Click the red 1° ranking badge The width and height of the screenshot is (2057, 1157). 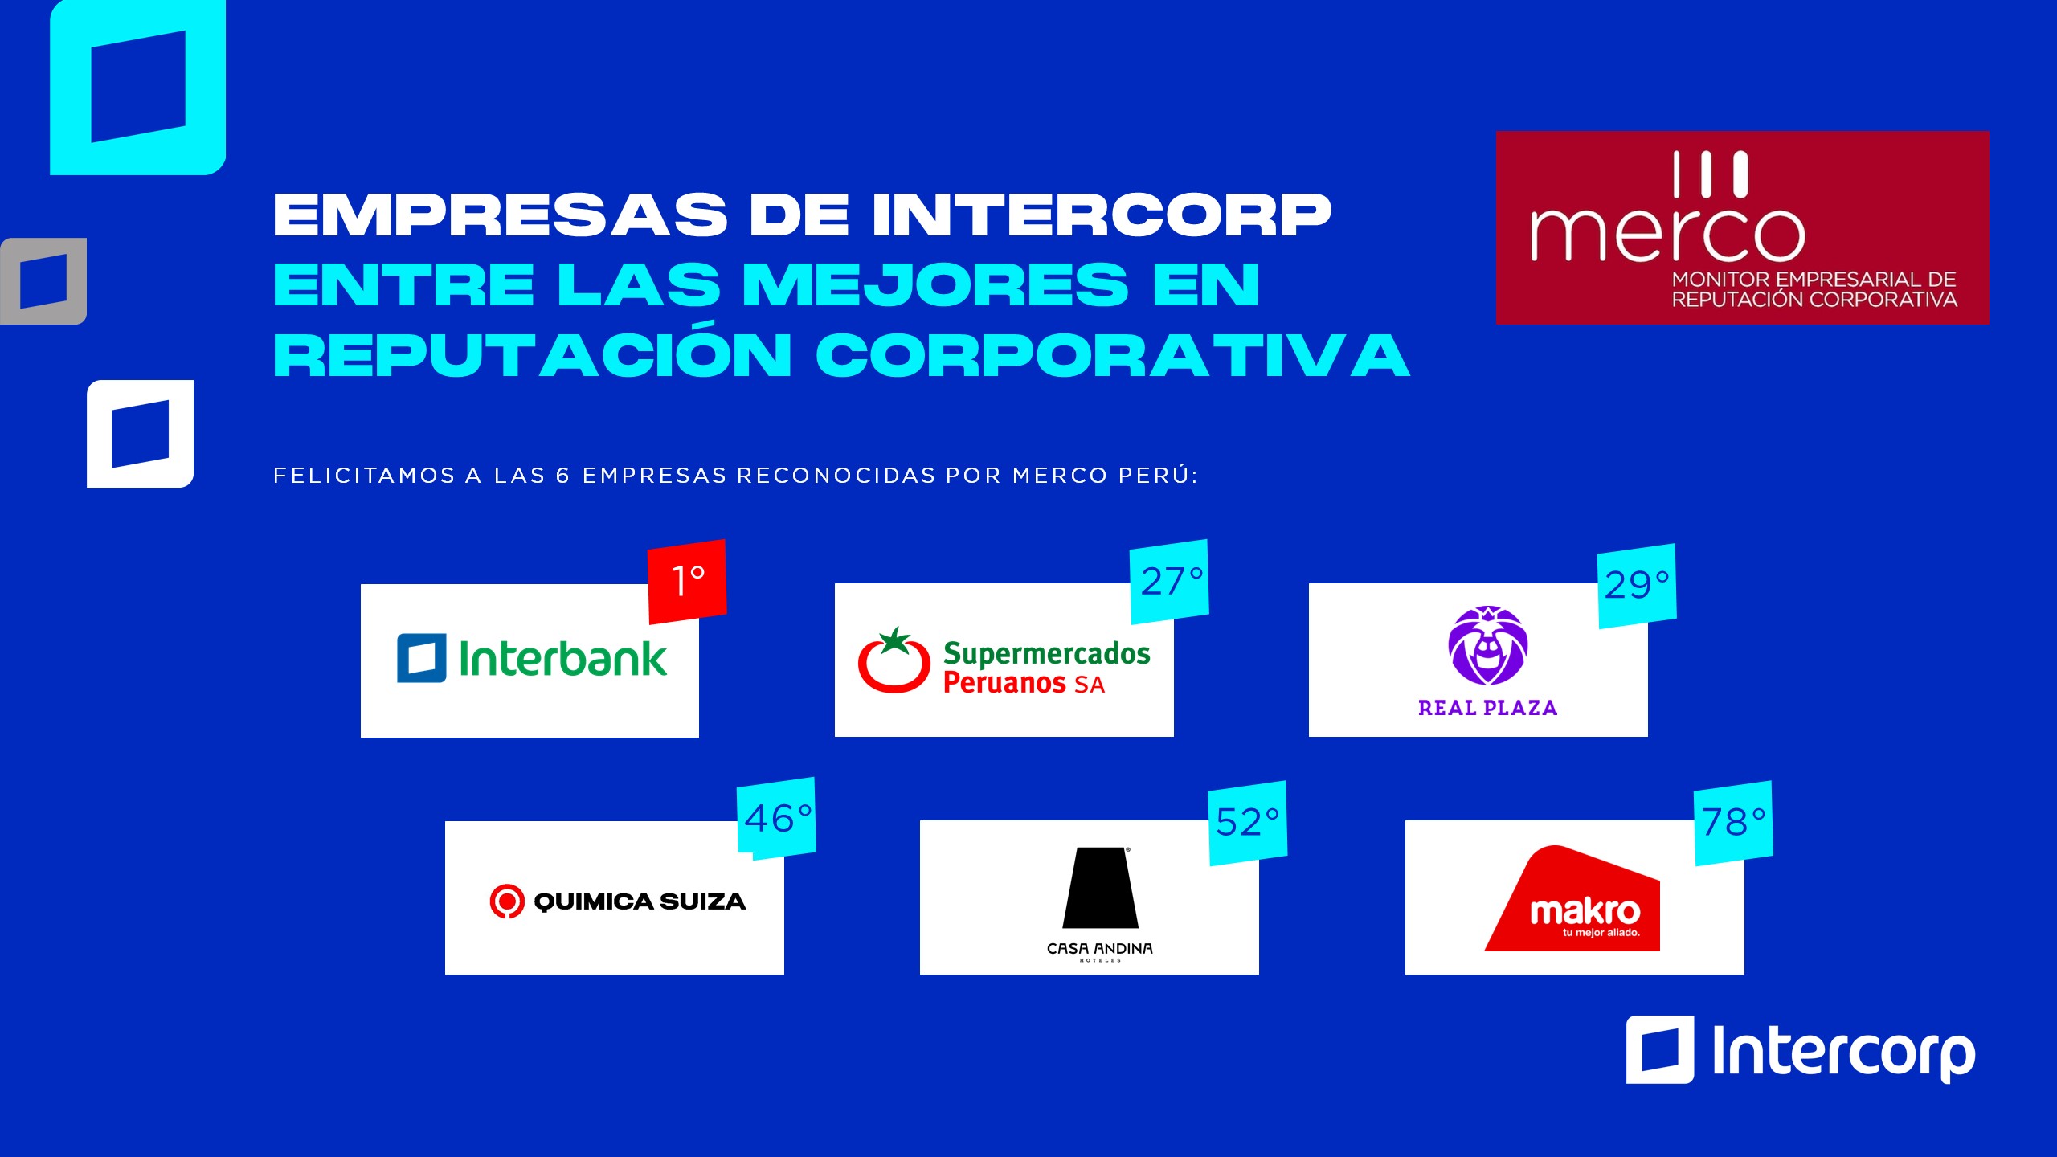(x=687, y=581)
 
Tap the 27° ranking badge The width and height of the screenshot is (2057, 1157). (x=1169, y=581)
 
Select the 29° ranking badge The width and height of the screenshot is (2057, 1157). (x=1637, y=586)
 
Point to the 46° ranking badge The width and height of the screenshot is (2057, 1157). (x=776, y=818)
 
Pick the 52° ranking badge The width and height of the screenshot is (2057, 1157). (x=1248, y=823)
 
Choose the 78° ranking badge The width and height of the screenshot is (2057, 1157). (x=1733, y=823)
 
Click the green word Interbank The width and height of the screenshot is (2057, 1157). (x=562, y=658)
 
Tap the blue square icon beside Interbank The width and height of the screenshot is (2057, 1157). (x=421, y=658)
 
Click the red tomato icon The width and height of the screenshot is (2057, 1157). (x=894, y=660)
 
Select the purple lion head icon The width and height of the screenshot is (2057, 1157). (x=1488, y=645)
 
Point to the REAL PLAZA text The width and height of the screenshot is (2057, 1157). (x=1487, y=708)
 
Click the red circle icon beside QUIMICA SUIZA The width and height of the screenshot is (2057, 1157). (x=507, y=901)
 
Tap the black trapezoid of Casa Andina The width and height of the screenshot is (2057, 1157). (x=1100, y=887)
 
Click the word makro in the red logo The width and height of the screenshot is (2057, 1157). (x=1585, y=912)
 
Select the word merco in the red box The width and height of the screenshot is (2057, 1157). (x=1668, y=235)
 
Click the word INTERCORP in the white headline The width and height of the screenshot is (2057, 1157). (x=1102, y=215)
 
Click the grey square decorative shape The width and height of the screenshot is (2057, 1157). (x=43, y=281)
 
